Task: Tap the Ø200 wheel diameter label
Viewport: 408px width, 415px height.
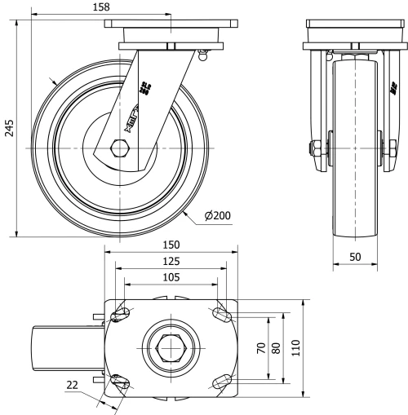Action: pyautogui.click(x=218, y=215)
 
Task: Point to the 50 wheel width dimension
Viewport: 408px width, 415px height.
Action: pyautogui.click(x=357, y=256)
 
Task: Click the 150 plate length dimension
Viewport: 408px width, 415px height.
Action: pyautogui.click(x=170, y=245)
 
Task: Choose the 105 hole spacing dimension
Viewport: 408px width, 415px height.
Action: pyautogui.click(x=170, y=277)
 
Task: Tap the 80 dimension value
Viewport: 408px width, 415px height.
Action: pyautogui.click(x=277, y=348)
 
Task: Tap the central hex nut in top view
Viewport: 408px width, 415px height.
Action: pyautogui.click(x=170, y=347)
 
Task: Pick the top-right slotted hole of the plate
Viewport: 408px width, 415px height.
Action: pyautogui.click(x=220, y=314)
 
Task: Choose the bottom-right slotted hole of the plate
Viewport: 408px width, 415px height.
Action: pyautogui.click(x=220, y=381)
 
